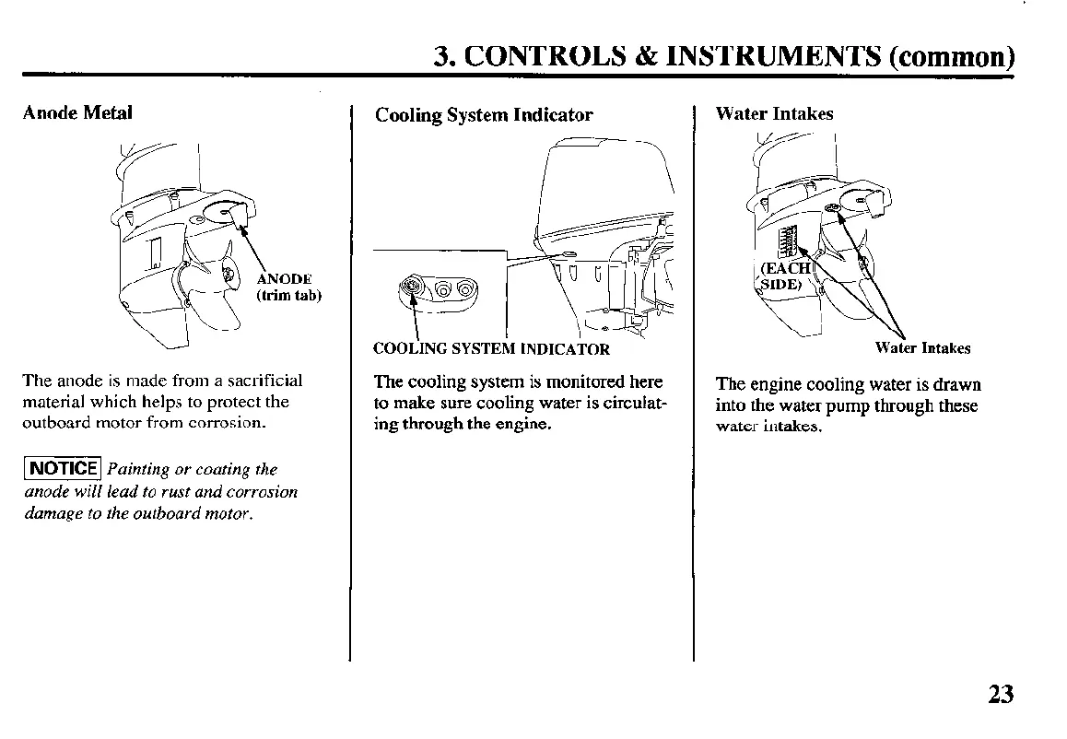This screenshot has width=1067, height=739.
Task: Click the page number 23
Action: pos(1000,693)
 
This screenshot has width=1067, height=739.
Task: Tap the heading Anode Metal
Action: pos(77,112)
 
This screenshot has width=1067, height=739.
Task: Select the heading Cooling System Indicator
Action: pos(484,115)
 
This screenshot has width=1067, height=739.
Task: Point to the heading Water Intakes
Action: pos(774,114)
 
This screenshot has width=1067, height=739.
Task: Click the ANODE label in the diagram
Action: pos(285,279)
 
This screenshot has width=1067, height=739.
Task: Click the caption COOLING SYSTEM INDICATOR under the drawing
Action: pos(491,349)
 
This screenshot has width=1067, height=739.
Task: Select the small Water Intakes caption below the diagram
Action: pos(922,348)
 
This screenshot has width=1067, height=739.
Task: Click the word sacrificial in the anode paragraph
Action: pos(266,381)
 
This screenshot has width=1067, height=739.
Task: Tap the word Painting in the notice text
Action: pos(138,470)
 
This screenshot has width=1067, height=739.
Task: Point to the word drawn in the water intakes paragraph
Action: pos(958,384)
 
